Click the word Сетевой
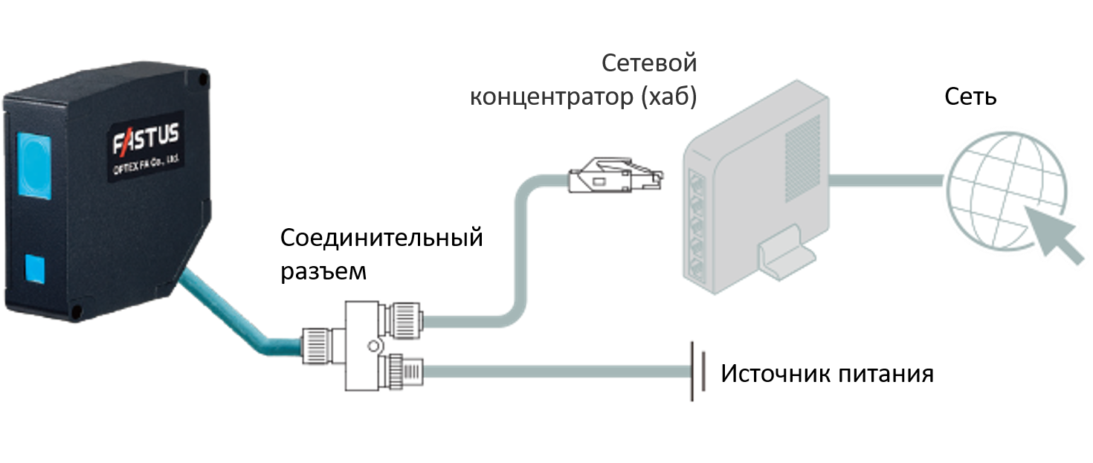coord(648,63)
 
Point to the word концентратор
coord(551,98)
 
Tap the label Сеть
coord(970,96)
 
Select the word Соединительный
coord(381,239)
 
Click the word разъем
coord(323,271)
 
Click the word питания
coord(892,373)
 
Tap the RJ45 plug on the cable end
coord(613,175)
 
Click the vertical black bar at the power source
coord(693,372)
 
